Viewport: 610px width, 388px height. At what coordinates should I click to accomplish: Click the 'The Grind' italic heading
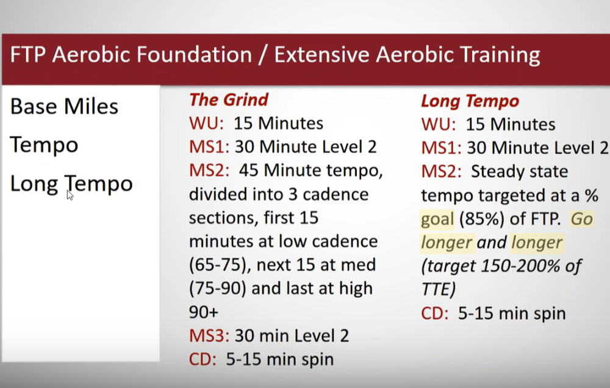(x=229, y=100)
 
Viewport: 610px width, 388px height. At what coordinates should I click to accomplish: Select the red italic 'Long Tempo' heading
(x=470, y=101)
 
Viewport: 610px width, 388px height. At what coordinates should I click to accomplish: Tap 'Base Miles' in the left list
(x=64, y=107)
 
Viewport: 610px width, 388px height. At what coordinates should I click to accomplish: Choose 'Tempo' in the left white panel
(x=44, y=145)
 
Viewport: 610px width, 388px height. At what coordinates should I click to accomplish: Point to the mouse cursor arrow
(x=70, y=195)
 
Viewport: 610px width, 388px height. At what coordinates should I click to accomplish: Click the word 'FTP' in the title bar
(x=27, y=54)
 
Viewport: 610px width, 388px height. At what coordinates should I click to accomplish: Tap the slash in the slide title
(x=263, y=54)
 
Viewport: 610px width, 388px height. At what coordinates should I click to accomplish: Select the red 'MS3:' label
(x=209, y=336)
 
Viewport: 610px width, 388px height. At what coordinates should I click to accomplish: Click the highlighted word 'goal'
(x=437, y=219)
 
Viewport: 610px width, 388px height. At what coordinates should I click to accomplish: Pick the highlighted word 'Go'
(x=581, y=219)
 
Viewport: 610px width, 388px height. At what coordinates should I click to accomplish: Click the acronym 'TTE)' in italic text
(x=438, y=289)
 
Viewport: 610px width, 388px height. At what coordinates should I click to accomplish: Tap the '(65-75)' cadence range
(x=218, y=265)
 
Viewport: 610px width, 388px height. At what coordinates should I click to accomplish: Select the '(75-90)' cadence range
(x=218, y=289)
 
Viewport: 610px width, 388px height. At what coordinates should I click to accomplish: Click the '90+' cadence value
(x=204, y=312)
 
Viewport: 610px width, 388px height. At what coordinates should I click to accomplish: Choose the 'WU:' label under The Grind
(x=206, y=124)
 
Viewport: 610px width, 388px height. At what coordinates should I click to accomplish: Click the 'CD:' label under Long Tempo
(x=434, y=314)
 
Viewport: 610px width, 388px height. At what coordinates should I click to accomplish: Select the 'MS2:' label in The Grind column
(x=209, y=171)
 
